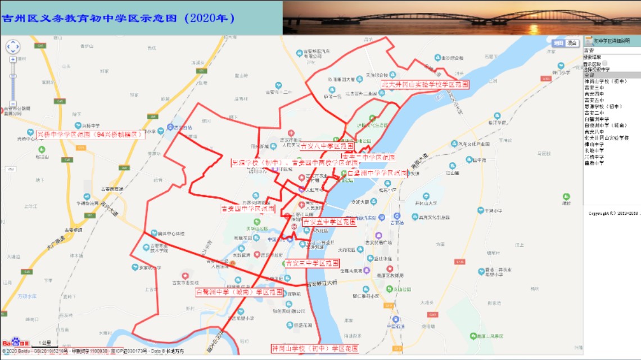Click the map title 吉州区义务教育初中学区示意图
coord(118,18)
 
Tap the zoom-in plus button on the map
coord(12,59)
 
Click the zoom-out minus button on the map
coord(12,103)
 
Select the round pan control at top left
coord(12,47)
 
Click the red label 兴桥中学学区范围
coord(90,134)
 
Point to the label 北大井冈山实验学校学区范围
coord(425,84)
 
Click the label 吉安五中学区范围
coord(329,222)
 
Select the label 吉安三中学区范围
coord(312,263)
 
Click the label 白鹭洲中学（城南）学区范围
coord(240,292)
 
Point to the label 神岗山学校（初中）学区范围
coord(315,348)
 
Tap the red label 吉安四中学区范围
coord(248,209)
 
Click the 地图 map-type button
coord(558,43)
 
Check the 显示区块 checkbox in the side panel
coord(605,64)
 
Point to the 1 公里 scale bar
coord(45,343)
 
